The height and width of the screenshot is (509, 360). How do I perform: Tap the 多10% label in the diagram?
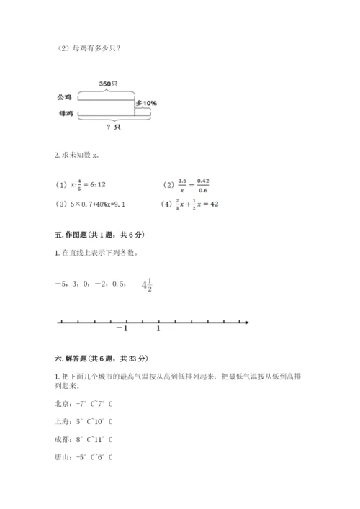(x=145, y=103)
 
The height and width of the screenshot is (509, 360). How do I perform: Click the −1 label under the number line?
(x=120, y=330)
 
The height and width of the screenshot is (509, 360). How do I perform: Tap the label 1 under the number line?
(x=158, y=330)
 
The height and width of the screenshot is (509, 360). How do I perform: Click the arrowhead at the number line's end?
(x=246, y=321)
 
